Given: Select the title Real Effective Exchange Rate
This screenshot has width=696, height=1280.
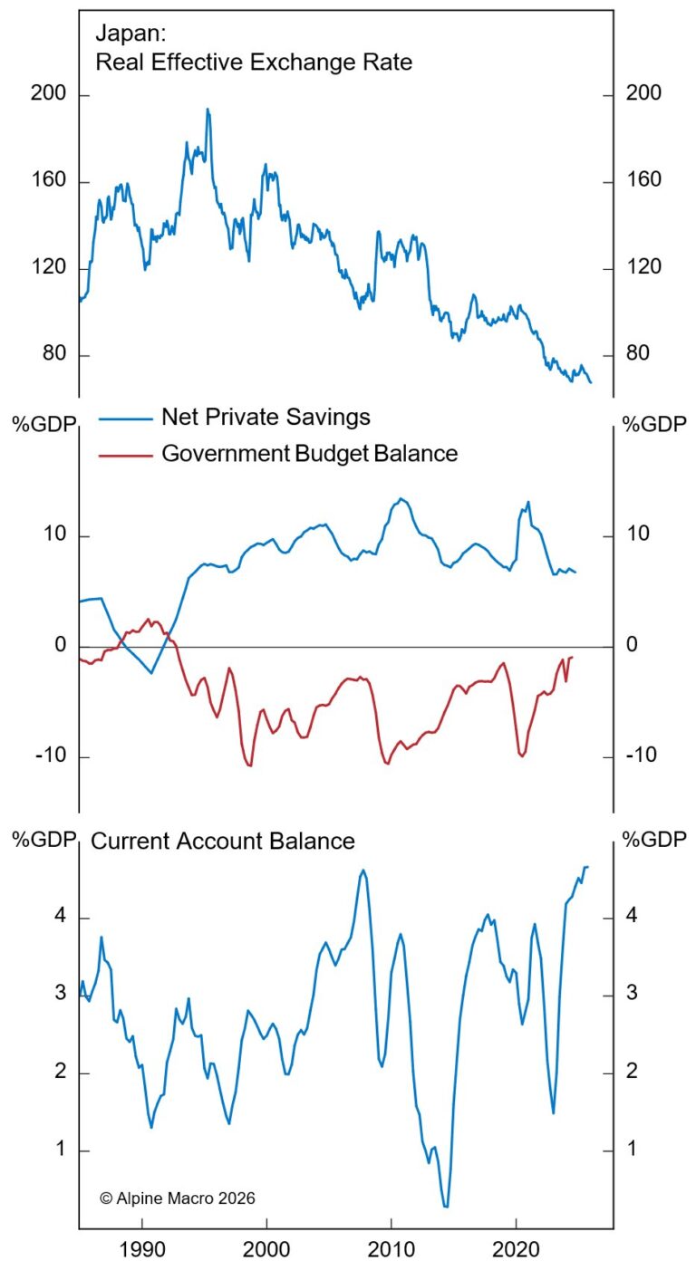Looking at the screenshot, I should (x=254, y=63).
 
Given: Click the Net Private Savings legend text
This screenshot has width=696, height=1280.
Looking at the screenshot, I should (x=266, y=417).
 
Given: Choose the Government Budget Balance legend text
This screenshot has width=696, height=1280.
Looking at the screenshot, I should (x=309, y=453).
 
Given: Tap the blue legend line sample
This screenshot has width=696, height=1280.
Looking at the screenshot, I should (x=124, y=418).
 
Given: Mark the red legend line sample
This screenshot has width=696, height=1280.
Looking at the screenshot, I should (x=124, y=454).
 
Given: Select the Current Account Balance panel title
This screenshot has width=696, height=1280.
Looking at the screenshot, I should (x=223, y=841).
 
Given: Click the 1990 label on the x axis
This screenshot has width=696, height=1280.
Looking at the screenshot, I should (x=142, y=1255).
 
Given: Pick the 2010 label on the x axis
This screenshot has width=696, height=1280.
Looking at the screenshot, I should (x=391, y=1255).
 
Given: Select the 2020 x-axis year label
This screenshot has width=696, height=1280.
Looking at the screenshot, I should (x=516, y=1255).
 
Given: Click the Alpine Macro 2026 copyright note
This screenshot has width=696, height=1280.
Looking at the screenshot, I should (x=178, y=1198).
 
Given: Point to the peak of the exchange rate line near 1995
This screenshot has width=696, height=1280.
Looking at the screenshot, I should (x=208, y=110).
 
